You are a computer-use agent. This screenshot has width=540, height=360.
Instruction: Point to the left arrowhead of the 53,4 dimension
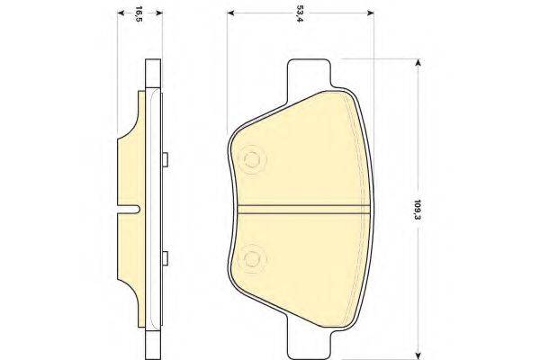[230, 13]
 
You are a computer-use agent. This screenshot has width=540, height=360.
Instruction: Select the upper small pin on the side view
[167, 161]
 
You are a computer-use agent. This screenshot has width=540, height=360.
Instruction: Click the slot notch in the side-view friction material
[131, 211]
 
